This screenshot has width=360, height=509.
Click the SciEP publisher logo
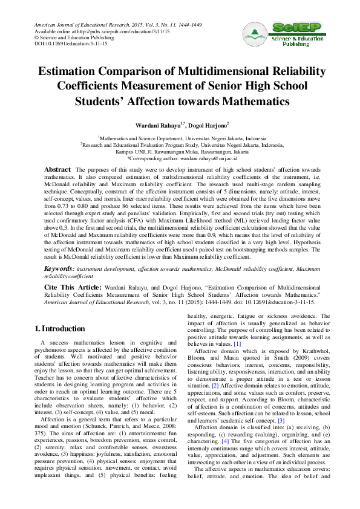click(x=282, y=33)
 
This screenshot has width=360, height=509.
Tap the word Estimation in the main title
click(x=70, y=72)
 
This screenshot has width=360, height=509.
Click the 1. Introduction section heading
click(x=59, y=329)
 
